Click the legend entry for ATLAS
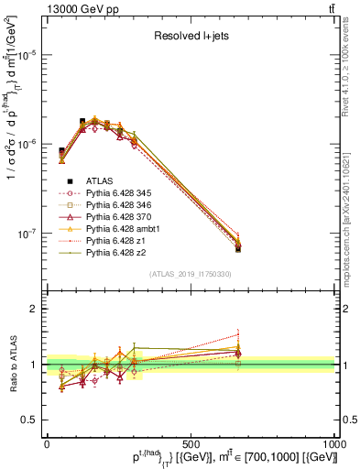click(99, 180)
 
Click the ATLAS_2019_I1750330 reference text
click(191, 274)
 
